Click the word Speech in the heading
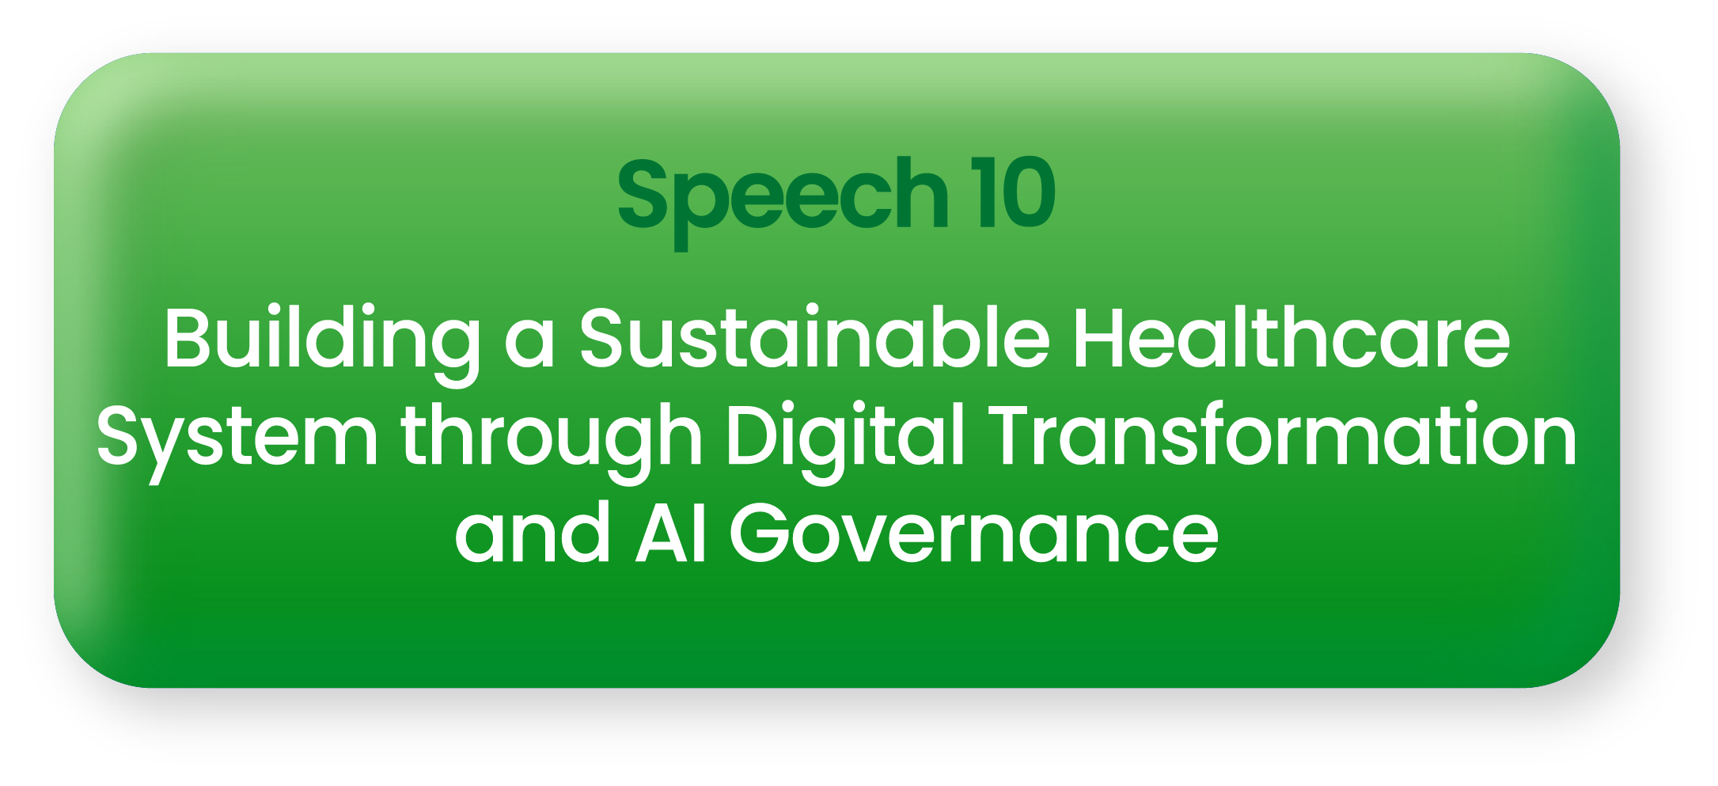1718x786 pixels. [783, 201]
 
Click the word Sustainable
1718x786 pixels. [813, 337]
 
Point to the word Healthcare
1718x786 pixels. [1291, 337]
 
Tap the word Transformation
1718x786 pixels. [1283, 434]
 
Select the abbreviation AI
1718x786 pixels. [670, 533]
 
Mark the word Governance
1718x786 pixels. [973, 533]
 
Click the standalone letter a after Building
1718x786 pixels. [529, 345]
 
